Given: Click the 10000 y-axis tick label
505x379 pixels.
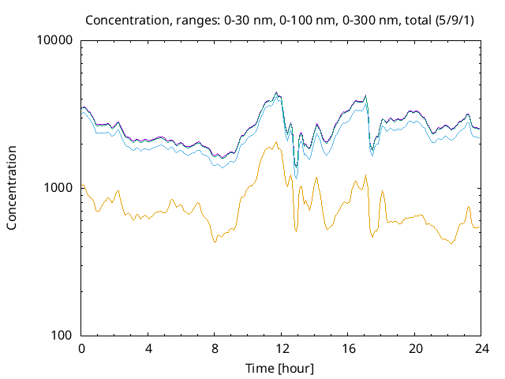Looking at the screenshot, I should click(55, 40).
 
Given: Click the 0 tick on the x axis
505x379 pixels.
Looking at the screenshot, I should click(81, 348).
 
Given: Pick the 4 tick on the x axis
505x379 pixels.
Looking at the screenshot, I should click(148, 348).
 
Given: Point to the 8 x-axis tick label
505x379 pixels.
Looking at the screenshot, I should click(215, 348).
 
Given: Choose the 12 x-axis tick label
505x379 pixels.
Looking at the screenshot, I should click(282, 348).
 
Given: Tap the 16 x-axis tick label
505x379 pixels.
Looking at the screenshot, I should click(348, 348).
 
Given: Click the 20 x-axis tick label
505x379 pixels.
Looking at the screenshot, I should click(415, 348).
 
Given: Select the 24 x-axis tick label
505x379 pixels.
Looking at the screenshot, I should click(481, 348).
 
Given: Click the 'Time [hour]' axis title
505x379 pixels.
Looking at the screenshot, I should click(281, 368).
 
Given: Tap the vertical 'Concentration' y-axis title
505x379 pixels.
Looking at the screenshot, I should click(12, 188).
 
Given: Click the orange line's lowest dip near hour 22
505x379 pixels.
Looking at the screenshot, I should click(451, 243).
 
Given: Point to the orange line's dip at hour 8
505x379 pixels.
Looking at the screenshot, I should click(215, 242).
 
